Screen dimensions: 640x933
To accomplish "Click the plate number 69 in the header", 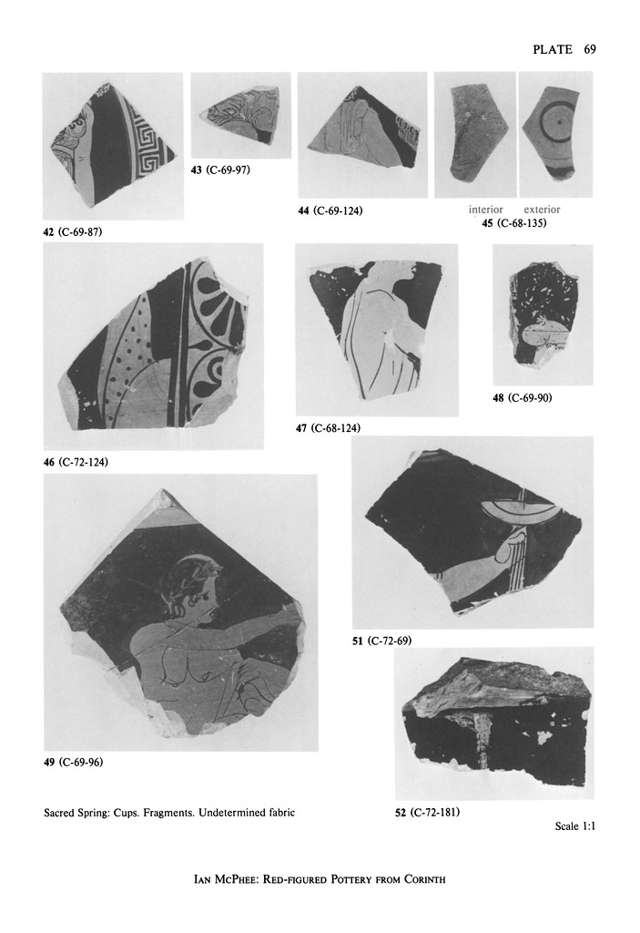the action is coord(589,49).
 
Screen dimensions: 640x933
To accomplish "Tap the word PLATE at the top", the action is coord(553,49).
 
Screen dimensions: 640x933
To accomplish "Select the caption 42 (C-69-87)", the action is coord(73,232).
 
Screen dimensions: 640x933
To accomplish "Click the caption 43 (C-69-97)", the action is coord(220,170).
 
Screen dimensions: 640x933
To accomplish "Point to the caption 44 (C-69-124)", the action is coord(330,210).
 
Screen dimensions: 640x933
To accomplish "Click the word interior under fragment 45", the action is coord(485,210).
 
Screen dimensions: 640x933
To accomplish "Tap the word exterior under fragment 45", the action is coord(542,210).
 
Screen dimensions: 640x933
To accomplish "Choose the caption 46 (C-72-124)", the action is coord(76,462).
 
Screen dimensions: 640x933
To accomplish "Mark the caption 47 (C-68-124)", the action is coord(329,428).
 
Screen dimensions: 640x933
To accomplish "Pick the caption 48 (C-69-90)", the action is coord(523,397).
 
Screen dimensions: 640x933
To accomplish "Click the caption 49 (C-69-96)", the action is coord(74,763).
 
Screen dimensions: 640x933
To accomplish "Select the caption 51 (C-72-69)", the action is coord(381,641).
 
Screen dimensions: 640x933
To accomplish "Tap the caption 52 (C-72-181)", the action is coord(428,812).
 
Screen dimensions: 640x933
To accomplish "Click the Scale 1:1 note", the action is coord(575,825).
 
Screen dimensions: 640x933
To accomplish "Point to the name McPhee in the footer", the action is coord(234,879).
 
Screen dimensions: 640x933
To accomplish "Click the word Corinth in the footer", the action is coord(424,879).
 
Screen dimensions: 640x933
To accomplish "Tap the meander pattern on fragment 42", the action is coord(147,143).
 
